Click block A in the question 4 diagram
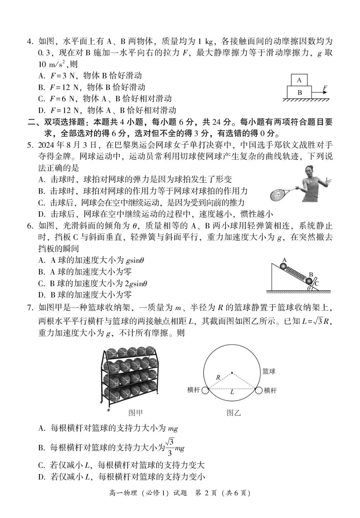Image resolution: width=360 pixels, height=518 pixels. pos(299,80)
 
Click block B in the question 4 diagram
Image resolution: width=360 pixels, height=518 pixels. pos(299,92)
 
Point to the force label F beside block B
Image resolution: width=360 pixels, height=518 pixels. pos(325,88)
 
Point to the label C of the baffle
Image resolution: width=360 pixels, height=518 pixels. pos(317,283)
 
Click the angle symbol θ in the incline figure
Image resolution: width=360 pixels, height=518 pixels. pos(309,288)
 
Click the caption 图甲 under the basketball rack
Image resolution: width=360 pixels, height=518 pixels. pos(135,413)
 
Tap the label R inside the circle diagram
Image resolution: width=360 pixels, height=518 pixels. pos(218,378)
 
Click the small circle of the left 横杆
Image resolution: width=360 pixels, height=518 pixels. pos(205,390)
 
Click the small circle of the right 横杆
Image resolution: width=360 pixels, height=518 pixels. pos(259,390)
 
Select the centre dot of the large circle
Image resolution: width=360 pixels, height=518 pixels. pos(232,372)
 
